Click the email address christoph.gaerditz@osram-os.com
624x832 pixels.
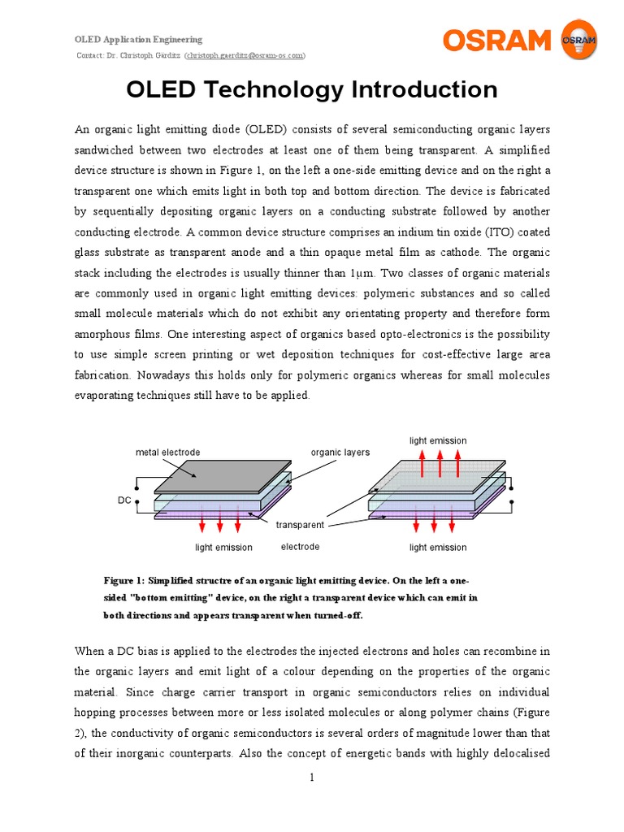pos(245,55)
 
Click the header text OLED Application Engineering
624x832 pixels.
pos(139,39)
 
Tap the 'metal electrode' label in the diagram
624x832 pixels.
pos(168,453)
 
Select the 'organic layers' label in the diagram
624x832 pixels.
pos(340,453)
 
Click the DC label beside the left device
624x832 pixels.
pos(124,501)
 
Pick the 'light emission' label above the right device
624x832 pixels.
pos(438,440)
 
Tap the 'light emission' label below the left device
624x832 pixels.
pos(223,548)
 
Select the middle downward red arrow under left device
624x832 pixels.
pos(220,524)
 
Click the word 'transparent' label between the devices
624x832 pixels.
pos(300,525)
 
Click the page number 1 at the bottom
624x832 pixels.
pos(311,778)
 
